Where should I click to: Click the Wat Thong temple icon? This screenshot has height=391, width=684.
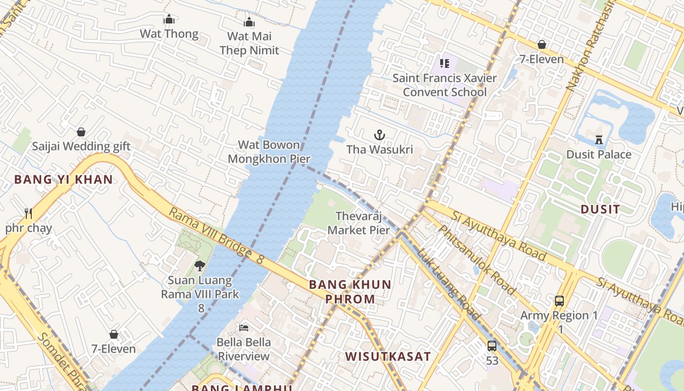pos(169,20)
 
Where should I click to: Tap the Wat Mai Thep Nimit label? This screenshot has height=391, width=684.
pos(249,43)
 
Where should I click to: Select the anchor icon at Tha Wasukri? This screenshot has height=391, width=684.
pos(380,135)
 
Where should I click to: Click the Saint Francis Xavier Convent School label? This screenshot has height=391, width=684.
pos(445,85)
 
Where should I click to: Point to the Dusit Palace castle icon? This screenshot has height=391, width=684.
pos(599,140)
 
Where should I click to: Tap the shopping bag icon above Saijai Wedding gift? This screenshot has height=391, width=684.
pos(81,132)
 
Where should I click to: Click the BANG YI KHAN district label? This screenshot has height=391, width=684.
pos(64,179)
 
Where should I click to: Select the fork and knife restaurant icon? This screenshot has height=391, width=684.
pos(28,213)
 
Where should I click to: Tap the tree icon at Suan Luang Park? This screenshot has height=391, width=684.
pos(199,266)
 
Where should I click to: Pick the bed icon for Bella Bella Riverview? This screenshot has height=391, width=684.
pos(244,327)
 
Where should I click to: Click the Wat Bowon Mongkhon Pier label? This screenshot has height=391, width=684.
pos(269,152)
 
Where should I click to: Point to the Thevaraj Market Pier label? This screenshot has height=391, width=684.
pos(359,223)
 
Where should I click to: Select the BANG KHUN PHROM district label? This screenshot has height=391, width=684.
pos(350,292)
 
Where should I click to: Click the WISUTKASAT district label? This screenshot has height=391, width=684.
pos(388,356)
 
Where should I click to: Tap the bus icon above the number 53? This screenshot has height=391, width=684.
pos(492,346)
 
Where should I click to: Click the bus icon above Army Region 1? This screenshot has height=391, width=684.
pos(559,301)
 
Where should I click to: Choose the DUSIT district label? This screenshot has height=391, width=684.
pos(600,209)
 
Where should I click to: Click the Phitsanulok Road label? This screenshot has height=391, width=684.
pos(477,260)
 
